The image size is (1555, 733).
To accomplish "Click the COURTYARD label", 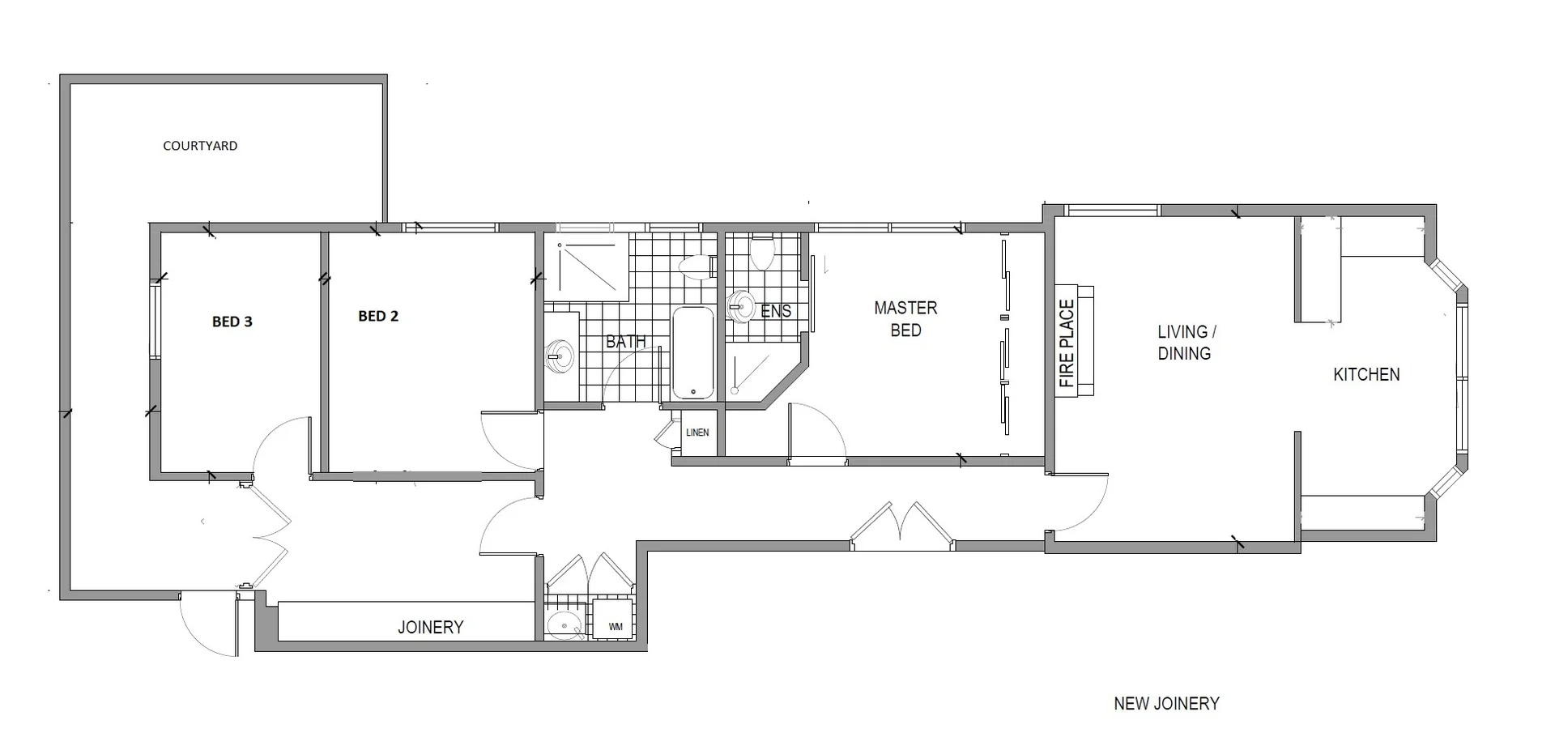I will pos(200,146).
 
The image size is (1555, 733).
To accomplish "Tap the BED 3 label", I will pos(232,322).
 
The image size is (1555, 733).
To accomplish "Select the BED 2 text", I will pos(378,316).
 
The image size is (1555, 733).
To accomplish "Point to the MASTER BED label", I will pos(905,319).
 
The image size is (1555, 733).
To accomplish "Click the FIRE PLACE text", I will pos(1067,343).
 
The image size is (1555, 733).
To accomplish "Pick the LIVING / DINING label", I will pos(1185,343).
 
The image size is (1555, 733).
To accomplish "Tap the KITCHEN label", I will pos(1366,374).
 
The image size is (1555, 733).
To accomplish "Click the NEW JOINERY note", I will pos(1166,704).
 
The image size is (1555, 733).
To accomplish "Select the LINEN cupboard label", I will pos(697,433).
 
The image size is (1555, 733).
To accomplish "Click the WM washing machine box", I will pos(615,626).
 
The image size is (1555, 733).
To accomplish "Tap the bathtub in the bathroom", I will pos(693,352).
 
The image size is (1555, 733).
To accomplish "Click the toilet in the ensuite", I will pos(761,252).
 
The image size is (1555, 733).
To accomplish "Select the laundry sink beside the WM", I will pos(564,625).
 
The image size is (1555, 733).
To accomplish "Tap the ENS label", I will pos(776,311).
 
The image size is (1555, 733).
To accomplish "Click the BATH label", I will pos(626,342).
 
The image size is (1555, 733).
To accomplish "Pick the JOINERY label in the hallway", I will pos(430,627).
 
